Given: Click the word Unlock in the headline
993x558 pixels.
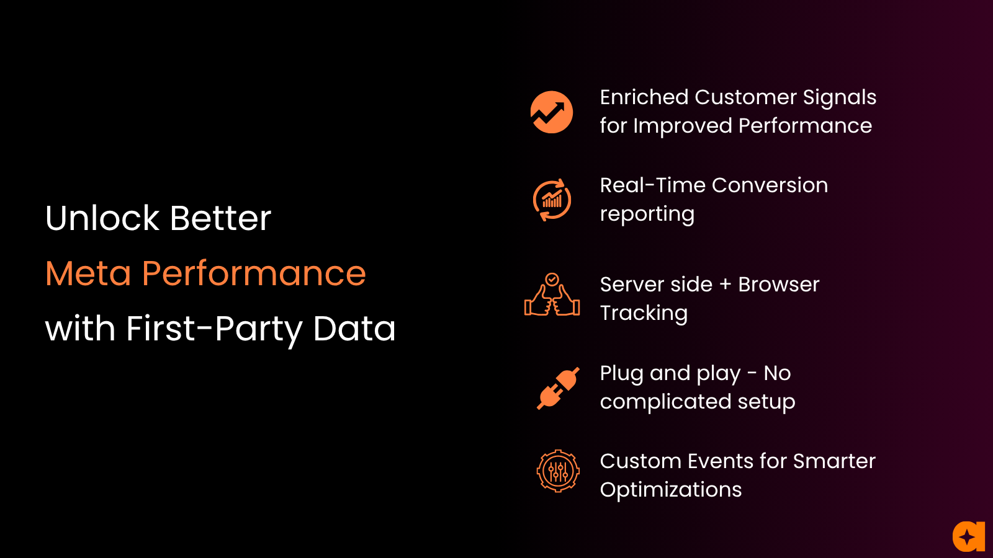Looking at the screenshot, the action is coord(102,218).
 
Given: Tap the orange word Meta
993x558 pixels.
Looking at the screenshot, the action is coord(88,273).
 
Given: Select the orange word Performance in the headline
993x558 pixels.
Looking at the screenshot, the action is coord(254,273).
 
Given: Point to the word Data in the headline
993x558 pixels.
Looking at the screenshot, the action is coord(354,329).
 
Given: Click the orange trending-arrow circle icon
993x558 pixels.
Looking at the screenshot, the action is coord(552,112).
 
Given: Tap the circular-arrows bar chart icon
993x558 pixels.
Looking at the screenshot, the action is coord(552,200).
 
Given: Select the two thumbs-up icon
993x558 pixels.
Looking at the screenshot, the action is coord(552,294).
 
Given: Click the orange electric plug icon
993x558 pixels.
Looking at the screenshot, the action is coord(558,388).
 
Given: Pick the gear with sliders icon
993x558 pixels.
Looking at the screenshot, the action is coord(558,471).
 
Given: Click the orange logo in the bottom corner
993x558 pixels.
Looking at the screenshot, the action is coord(969,536).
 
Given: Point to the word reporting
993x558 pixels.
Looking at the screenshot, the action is coord(647,215).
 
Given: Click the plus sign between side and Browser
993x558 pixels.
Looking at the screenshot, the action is coord(726,285).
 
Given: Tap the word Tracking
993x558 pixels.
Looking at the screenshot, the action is coord(644,314).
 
